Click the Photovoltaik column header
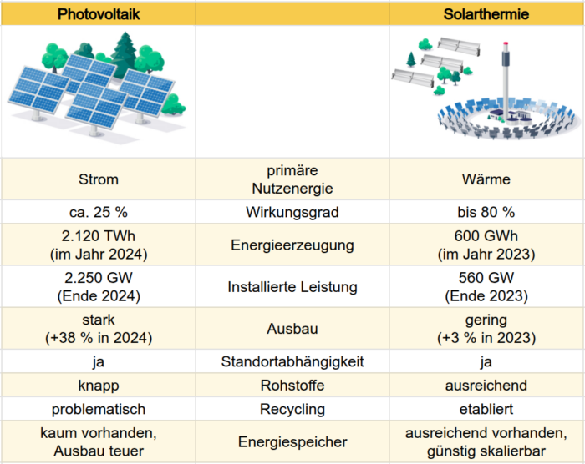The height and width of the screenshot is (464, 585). [x=99, y=14]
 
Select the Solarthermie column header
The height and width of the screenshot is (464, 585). [x=486, y=14]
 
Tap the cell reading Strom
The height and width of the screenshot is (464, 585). [x=99, y=179]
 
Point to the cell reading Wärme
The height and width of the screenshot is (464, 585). [x=486, y=179]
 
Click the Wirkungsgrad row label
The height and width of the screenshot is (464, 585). [x=292, y=212]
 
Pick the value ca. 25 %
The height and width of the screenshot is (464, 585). [x=99, y=212]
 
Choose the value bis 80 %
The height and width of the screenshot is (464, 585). [x=486, y=212]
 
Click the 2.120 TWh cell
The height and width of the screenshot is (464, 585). [x=99, y=245]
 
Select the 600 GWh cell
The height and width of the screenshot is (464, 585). [x=486, y=245]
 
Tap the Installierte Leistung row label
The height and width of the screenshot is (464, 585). [x=292, y=287]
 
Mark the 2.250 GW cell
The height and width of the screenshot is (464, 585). [x=99, y=286]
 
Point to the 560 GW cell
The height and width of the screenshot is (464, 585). [x=486, y=286]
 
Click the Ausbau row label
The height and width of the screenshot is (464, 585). [x=292, y=329]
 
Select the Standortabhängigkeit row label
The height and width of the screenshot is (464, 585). [x=292, y=361]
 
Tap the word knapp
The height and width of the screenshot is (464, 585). [x=99, y=386]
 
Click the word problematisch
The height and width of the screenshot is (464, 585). [x=99, y=409]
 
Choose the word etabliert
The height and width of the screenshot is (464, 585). [x=486, y=409]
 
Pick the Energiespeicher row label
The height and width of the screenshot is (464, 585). [x=292, y=442]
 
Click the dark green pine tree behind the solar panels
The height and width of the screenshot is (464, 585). [x=125, y=54]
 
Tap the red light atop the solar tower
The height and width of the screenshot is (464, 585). [x=506, y=44]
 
